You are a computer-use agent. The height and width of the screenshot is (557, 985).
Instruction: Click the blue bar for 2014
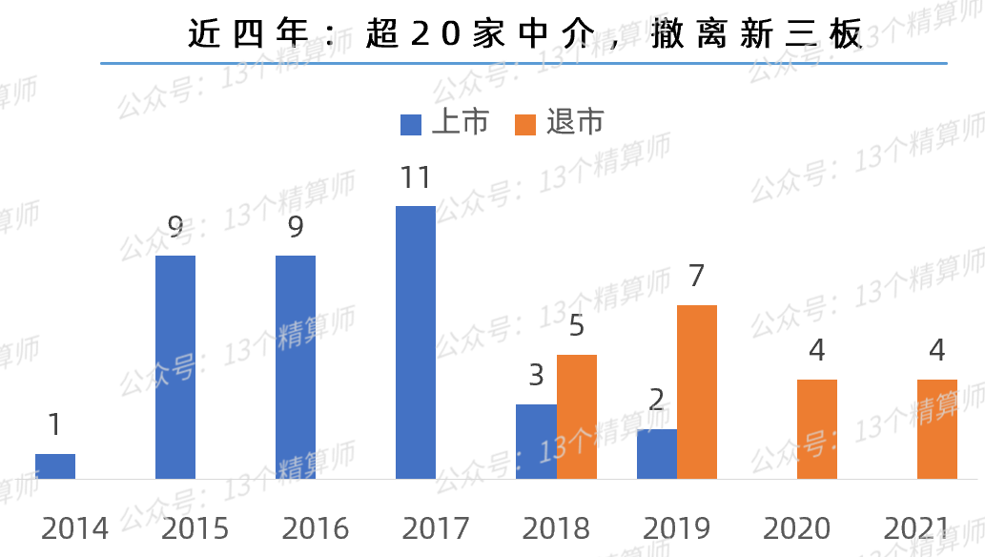click(x=55, y=465)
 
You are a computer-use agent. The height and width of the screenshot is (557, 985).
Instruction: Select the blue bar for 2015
click(x=175, y=367)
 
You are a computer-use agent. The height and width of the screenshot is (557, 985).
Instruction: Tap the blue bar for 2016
click(x=296, y=367)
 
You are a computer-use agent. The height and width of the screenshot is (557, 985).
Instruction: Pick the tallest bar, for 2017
click(x=416, y=341)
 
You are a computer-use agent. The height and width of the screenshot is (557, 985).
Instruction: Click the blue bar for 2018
click(x=536, y=441)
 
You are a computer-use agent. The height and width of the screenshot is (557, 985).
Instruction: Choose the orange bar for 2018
click(x=577, y=417)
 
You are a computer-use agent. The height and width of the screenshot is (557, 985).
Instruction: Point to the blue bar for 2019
click(x=656, y=454)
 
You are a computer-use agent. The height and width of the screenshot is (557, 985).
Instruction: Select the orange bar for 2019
click(x=697, y=392)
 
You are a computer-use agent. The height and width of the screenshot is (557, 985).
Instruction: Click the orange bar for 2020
click(x=817, y=429)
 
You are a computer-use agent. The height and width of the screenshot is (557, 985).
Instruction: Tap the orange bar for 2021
click(x=937, y=429)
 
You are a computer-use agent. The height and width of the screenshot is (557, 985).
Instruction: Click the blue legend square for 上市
click(x=411, y=124)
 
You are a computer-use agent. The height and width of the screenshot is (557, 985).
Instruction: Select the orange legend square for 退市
click(x=525, y=124)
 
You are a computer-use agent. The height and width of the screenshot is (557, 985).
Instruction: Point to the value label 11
click(x=416, y=178)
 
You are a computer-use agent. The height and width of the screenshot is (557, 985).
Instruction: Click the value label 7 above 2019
click(x=697, y=277)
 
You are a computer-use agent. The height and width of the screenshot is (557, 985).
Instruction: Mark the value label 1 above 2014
click(x=54, y=424)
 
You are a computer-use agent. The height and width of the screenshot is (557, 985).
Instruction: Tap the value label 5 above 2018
click(x=577, y=326)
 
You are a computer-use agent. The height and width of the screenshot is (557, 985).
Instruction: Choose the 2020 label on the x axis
click(x=797, y=528)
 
